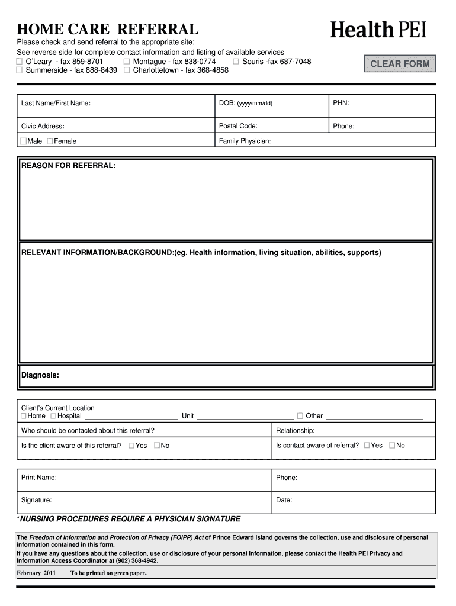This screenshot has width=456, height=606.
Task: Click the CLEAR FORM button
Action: (x=400, y=64)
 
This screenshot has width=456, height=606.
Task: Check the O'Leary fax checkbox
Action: (x=20, y=62)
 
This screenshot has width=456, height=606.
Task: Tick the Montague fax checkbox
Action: (x=127, y=62)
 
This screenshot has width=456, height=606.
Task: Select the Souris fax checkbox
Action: (x=236, y=62)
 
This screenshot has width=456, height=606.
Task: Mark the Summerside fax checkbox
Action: (x=20, y=70)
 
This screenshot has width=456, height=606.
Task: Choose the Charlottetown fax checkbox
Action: (x=127, y=70)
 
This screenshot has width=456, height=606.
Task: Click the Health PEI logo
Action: (x=378, y=30)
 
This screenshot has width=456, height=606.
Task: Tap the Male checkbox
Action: (x=24, y=141)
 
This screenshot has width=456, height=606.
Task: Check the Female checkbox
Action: (x=50, y=141)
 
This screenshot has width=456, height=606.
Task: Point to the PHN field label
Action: (x=341, y=104)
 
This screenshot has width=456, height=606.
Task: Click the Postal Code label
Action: (x=238, y=126)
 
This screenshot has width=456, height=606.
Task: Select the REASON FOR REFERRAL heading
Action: (x=69, y=166)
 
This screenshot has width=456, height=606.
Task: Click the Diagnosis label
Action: (x=40, y=375)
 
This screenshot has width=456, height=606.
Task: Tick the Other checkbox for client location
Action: (x=300, y=416)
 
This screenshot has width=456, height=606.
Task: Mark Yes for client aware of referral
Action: (x=131, y=446)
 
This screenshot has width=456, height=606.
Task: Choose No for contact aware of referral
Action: (x=392, y=446)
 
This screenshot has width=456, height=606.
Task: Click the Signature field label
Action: (x=36, y=500)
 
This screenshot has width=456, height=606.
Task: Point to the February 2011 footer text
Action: (x=36, y=573)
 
